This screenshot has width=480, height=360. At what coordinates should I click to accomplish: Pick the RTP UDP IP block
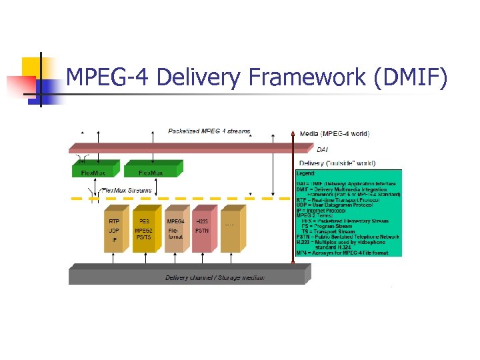[x=114, y=230]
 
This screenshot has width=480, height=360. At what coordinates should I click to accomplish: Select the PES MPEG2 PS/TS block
[x=143, y=230]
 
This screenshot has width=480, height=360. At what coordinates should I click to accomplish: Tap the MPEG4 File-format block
[x=174, y=230]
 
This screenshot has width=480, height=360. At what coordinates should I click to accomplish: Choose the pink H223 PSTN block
[x=202, y=230]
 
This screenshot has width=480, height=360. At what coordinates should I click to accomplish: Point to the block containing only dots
[x=230, y=230]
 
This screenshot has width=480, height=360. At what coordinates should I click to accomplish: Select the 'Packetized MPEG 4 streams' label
[x=209, y=131]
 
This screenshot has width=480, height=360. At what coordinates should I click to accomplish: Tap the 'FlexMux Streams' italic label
[x=127, y=190]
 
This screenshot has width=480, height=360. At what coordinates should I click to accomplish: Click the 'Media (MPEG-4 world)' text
[x=334, y=133]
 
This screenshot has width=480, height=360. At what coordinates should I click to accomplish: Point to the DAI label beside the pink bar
[x=322, y=149]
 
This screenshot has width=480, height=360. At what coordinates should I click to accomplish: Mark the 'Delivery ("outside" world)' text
[x=337, y=163]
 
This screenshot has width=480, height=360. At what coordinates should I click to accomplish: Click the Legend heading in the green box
[x=306, y=173]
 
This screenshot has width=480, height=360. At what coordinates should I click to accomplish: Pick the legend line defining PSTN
[x=347, y=236]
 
